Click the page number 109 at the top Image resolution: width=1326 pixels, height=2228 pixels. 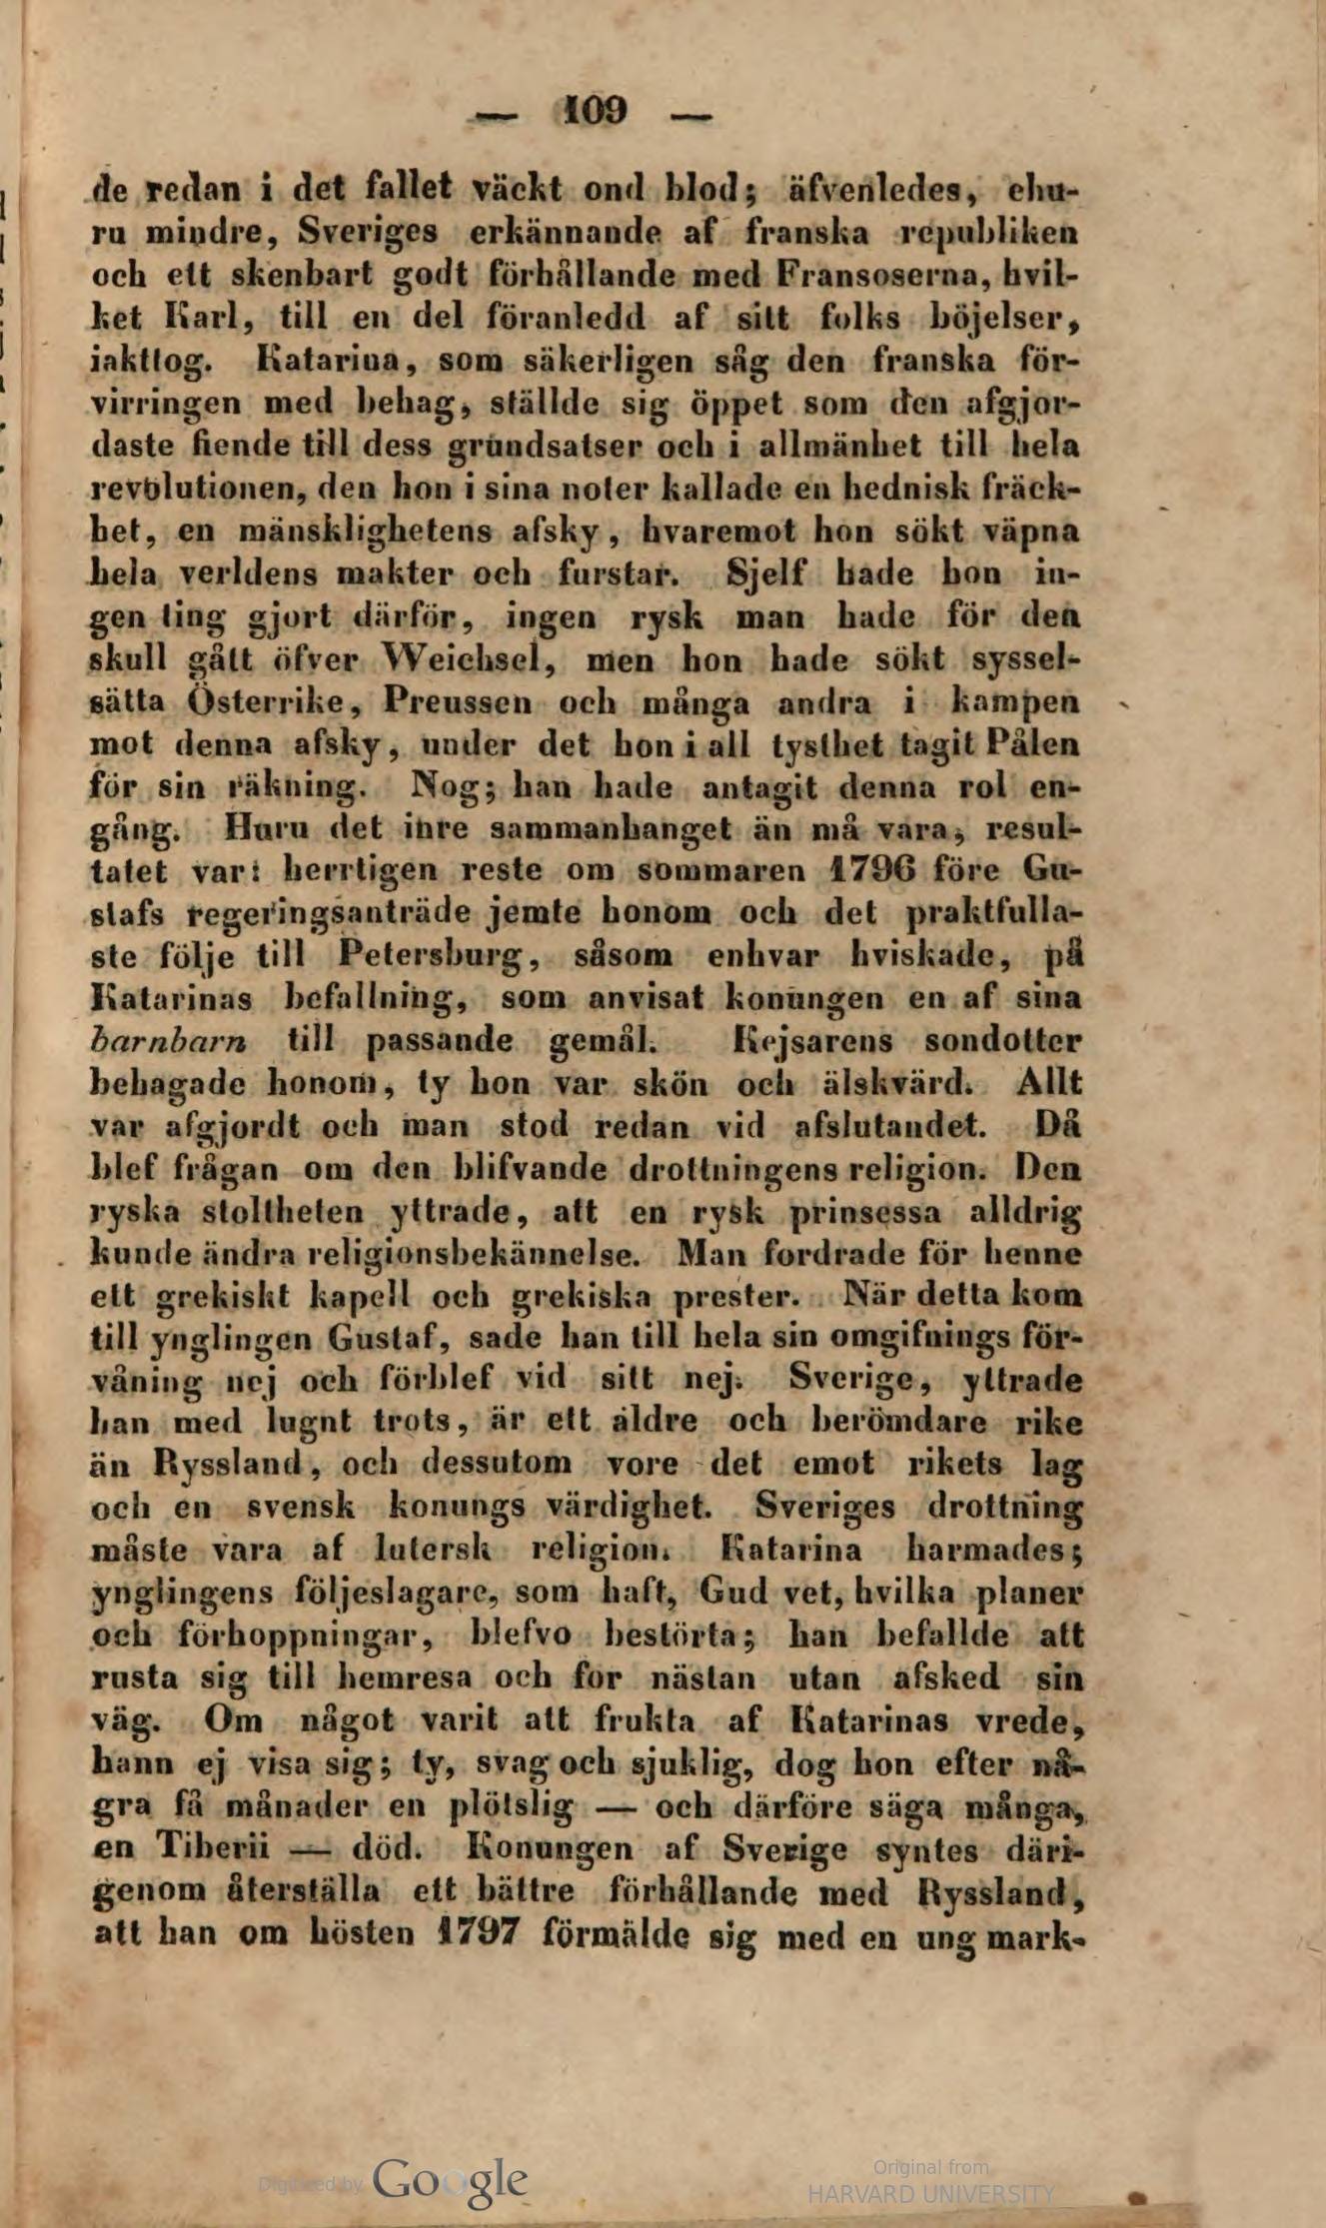pos(596,110)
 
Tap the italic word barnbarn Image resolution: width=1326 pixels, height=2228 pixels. pos(169,1040)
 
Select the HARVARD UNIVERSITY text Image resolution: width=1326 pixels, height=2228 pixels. pos(930,2195)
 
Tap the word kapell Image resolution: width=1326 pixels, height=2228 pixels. pos(363,1297)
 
